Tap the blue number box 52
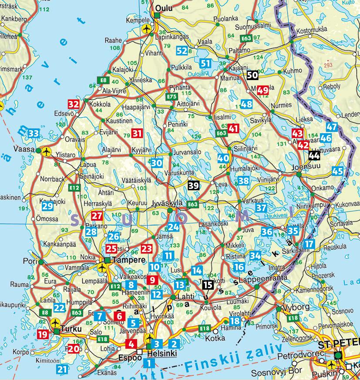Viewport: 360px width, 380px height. (182, 50)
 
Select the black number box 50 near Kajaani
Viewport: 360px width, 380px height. (252, 75)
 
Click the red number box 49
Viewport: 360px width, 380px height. (262, 91)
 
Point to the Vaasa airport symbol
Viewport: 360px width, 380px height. (45, 151)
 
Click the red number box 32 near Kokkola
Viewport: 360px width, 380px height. (74, 104)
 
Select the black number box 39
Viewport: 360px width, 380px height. (194, 186)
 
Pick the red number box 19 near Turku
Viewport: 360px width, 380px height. (43, 334)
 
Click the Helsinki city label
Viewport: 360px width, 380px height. (162, 353)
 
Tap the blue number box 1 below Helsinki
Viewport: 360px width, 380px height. (150, 362)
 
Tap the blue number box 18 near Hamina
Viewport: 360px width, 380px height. (235, 321)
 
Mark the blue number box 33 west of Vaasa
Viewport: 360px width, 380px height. (33, 133)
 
